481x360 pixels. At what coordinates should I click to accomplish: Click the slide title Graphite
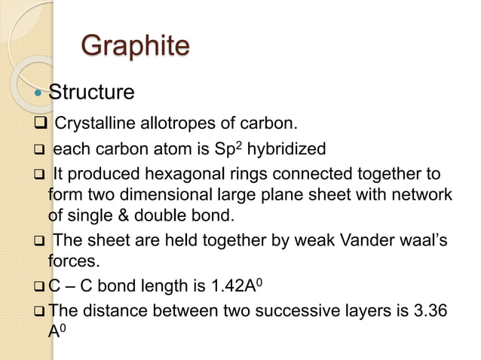[135, 47]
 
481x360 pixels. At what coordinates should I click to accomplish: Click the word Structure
[91, 93]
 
